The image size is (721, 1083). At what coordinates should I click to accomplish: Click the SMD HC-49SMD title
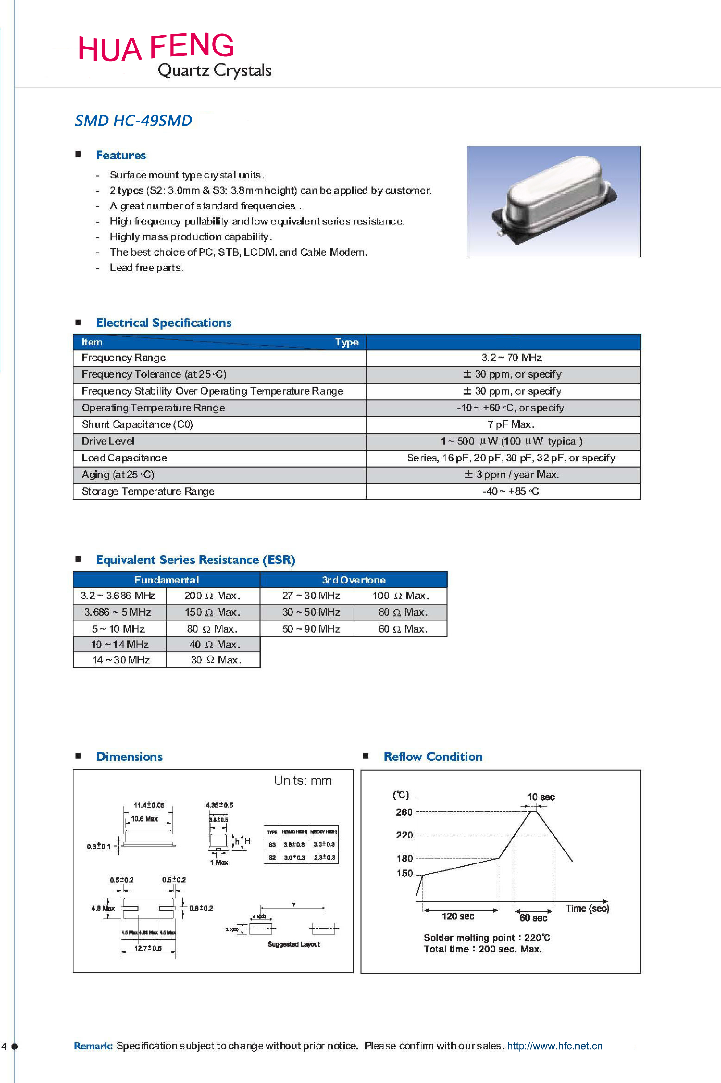coord(133,120)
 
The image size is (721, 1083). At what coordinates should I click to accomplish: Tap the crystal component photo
coord(553,202)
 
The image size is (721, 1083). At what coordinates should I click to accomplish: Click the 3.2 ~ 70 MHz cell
coord(511,358)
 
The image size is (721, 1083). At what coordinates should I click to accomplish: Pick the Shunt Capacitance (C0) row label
coord(137,424)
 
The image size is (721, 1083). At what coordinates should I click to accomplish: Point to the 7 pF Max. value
coord(511,424)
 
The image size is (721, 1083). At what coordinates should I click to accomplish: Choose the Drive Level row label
coord(108,441)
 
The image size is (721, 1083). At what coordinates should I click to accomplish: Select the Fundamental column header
coord(167,580)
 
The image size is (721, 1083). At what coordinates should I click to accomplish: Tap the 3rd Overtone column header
coord(354,580)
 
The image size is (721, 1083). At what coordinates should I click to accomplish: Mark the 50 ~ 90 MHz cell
coord(311,629)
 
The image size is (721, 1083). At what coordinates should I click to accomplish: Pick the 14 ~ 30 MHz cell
coord(121,660)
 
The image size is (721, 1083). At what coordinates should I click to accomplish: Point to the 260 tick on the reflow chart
coord(404,812)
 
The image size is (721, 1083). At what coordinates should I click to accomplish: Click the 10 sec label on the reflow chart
coord(541,797)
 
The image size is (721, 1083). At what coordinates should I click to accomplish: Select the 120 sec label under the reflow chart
coord(458,916)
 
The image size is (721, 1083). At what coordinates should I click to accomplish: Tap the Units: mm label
coord(303,781)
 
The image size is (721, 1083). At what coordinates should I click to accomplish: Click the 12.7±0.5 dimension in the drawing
coord(148,948)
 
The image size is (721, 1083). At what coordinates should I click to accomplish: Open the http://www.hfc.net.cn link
coord(554,1046)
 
